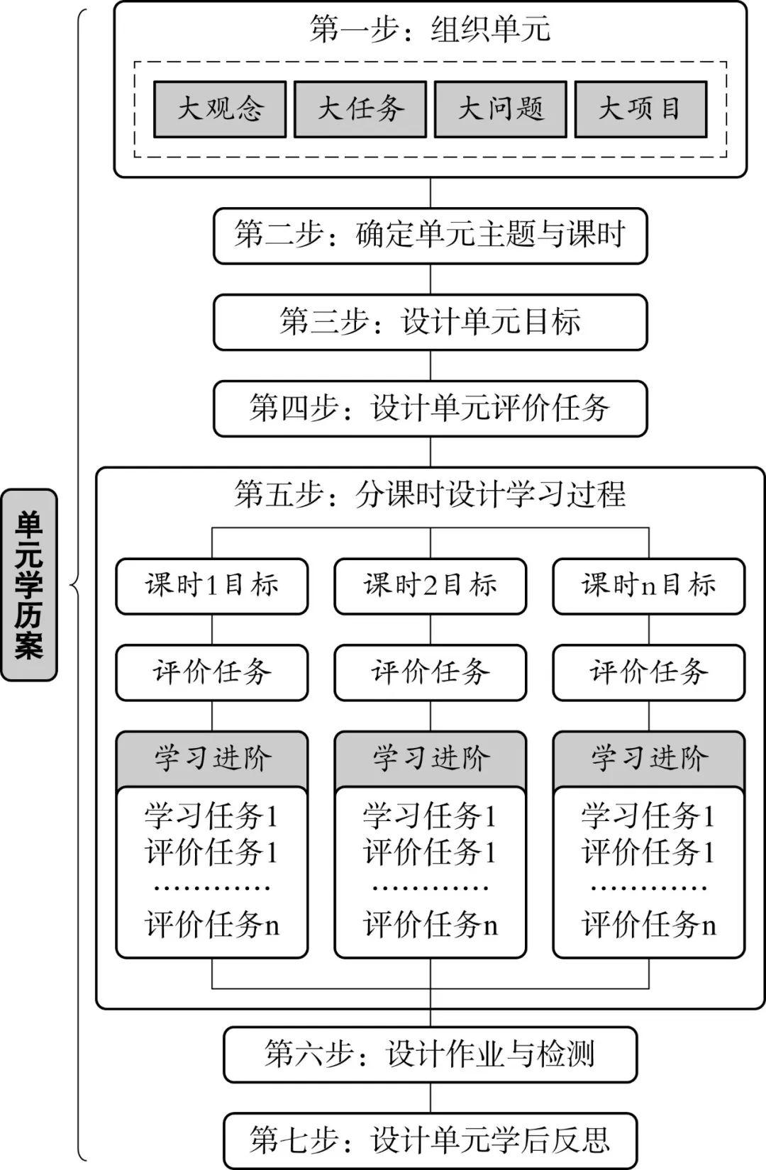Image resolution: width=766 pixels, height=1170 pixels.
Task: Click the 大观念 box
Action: [220, 109]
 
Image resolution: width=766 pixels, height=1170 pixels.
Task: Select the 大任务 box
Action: [360, 109]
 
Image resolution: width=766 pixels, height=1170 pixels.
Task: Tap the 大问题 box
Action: [501, 109]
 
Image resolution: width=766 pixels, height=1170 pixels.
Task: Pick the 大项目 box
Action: [640, 109]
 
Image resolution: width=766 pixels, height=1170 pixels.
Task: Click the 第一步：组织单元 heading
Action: [430, 29]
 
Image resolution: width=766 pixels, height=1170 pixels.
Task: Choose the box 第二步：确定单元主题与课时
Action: [430, 236]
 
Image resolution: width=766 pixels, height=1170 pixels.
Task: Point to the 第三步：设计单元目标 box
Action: [430, 322]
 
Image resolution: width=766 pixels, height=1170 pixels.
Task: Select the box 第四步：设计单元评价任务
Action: [430, 408]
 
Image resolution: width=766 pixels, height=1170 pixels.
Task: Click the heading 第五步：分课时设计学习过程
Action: [430, 494]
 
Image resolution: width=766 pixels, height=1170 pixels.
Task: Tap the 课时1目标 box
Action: [211, 586]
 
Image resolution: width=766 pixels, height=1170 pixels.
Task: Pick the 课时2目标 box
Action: [430, 586]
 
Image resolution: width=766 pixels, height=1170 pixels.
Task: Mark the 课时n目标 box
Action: [648, 586]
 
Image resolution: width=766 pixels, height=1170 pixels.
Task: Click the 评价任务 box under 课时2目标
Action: [430, 672]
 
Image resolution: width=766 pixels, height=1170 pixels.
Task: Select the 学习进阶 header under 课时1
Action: [211, 759]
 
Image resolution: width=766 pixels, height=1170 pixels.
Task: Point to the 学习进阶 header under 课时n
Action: [648, 759]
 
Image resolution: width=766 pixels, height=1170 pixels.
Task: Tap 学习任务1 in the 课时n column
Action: [648, 816]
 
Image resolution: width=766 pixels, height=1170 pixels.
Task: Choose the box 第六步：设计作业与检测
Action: [430, 1054]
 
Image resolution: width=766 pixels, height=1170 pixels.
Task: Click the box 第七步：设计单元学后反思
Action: [430, 1141]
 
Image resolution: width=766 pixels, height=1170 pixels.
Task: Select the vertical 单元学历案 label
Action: [29, 584]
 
